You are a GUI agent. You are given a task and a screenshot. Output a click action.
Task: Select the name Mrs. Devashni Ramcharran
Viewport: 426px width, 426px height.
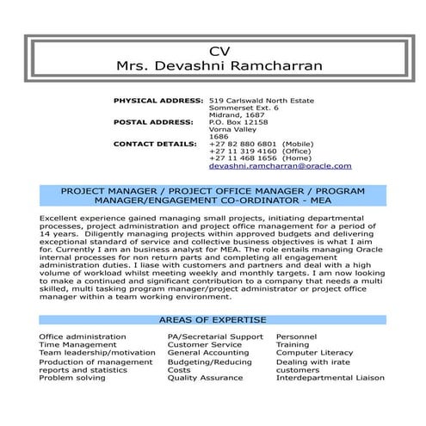213,65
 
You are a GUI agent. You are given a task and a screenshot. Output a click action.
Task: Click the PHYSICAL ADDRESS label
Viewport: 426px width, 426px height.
158,101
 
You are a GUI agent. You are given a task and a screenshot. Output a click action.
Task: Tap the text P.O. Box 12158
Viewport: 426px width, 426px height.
238,121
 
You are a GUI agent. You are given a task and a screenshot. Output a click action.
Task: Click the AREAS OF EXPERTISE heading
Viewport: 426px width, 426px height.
213,319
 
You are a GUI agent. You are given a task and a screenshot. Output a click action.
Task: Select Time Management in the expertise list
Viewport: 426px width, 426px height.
77,343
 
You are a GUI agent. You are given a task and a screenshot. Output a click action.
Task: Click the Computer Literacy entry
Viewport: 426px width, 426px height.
314,352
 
